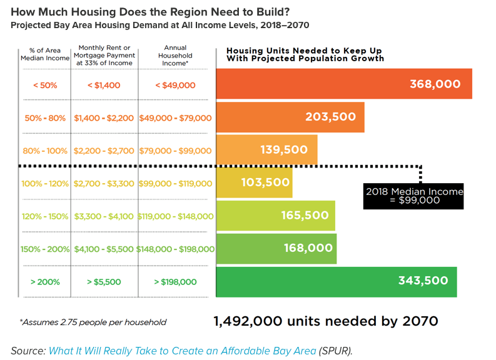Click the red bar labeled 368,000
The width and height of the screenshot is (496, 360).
click(344, 84)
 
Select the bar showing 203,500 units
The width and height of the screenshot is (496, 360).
click(290, 117)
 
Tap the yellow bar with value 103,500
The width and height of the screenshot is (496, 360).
click(254, 182)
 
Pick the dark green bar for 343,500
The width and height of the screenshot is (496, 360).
click(336, 281)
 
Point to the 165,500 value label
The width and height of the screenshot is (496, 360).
click(304, 216)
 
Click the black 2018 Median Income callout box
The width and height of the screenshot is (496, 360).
click(414, 196)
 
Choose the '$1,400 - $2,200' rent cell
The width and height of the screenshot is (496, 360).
click(104, 117)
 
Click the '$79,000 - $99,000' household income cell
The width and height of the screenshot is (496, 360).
click(176, 150)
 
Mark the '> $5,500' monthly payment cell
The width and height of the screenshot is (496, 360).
click(104, 282)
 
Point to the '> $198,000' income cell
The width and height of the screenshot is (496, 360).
click(176, 282)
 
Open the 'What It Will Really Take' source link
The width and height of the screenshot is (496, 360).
click(182, 351)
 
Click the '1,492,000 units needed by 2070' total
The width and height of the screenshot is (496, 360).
click(325, 321)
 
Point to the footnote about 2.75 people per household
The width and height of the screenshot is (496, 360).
click(93, 322)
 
